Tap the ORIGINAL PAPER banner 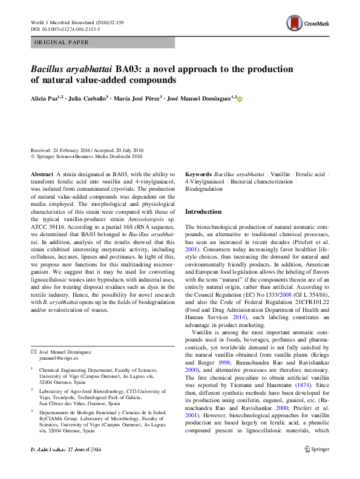(63, 43)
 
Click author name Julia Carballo (87, 98)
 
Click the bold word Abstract (41, 174)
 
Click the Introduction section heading (203, 212)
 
